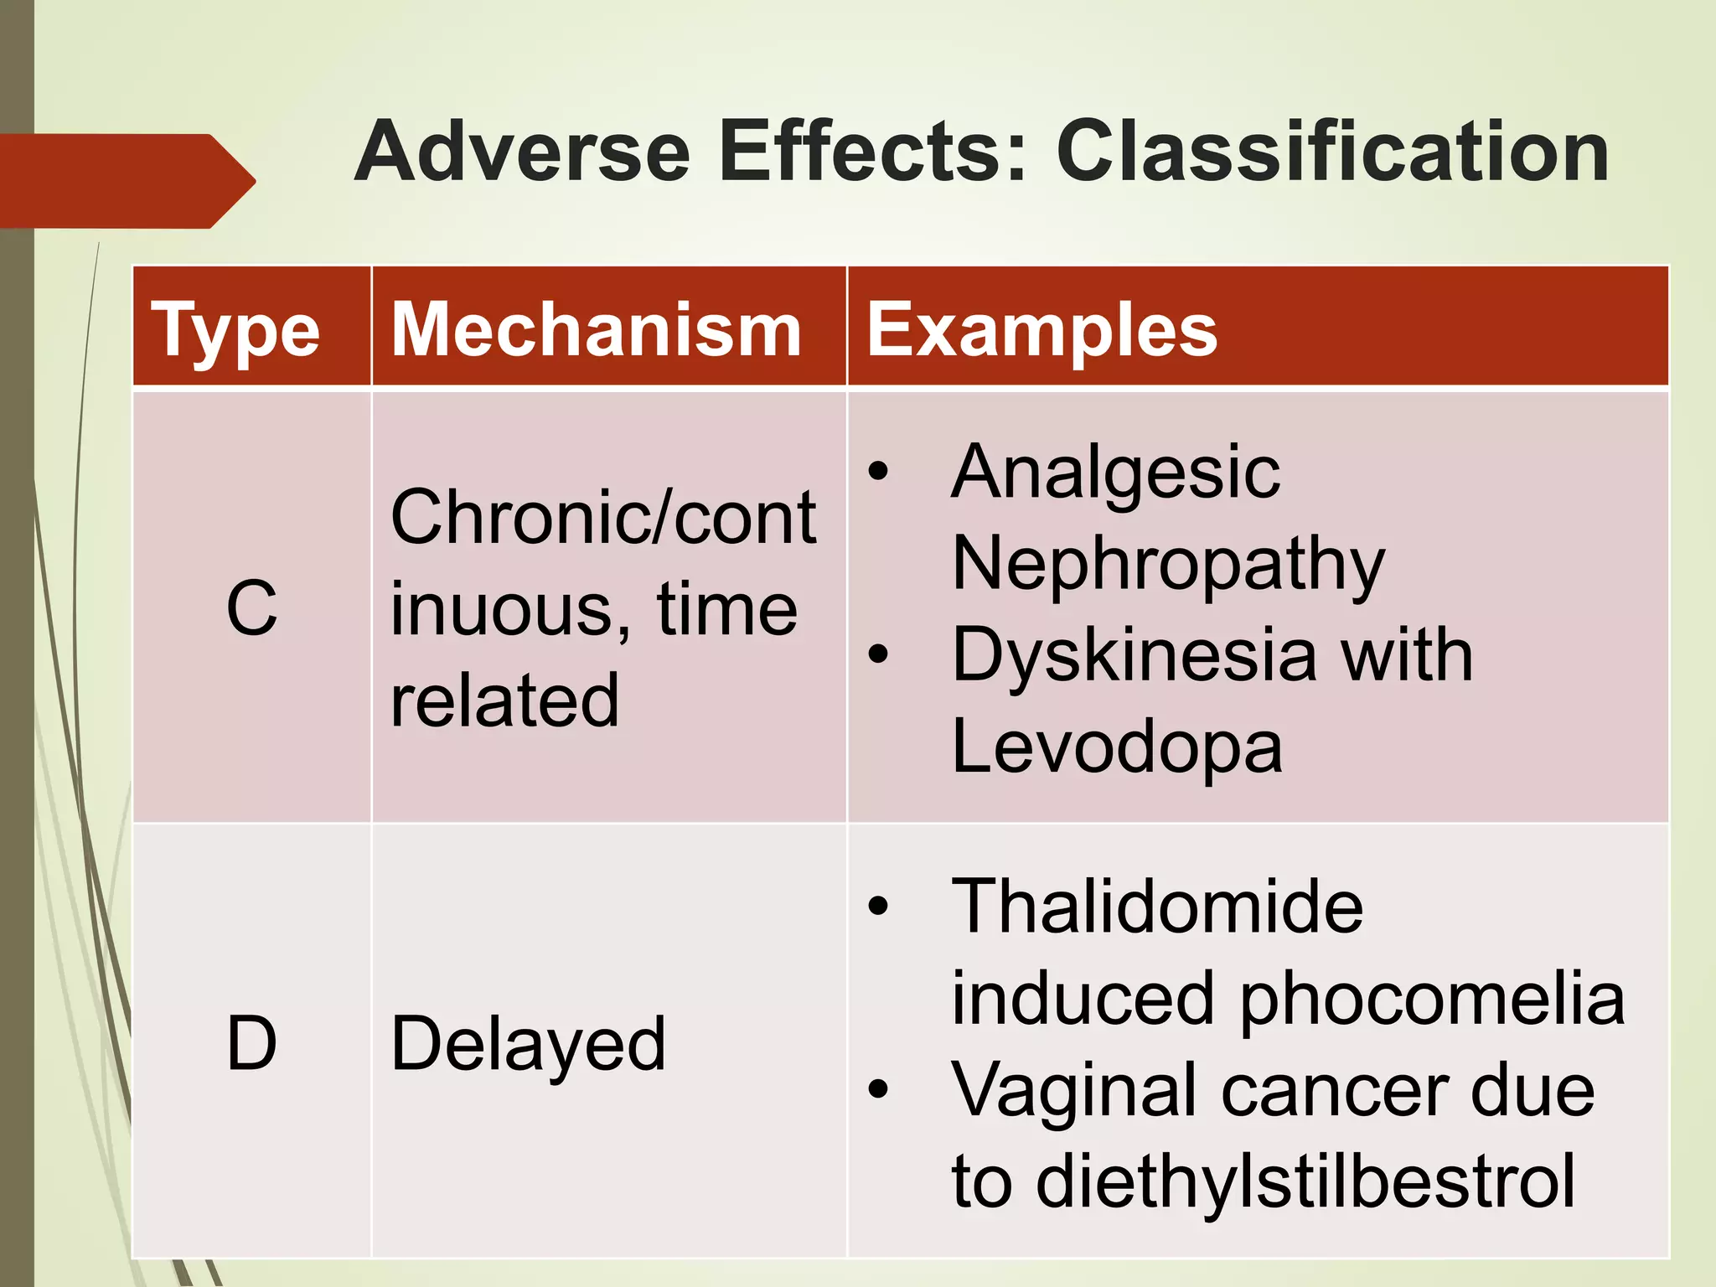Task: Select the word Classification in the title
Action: [x=1332, y=152]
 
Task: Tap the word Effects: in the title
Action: [x=872, y=152]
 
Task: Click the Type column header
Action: [x=235, y=330]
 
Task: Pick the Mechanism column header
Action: [x=597, y=330]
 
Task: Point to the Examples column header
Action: [x=1041, y=330]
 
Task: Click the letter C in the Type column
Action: [x=251, y=607]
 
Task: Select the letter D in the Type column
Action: [x=251, y=1043]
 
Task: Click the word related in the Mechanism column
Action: [x=504, y=700]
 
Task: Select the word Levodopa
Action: [x=1117, y=746]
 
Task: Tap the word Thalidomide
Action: [x=1157, y=907]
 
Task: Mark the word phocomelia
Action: [x=1432, y=999]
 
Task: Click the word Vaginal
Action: [x=1073, y=1090]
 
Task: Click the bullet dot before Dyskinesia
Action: [x=877, y=654]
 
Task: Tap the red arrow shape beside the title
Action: [x=126, y=180]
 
